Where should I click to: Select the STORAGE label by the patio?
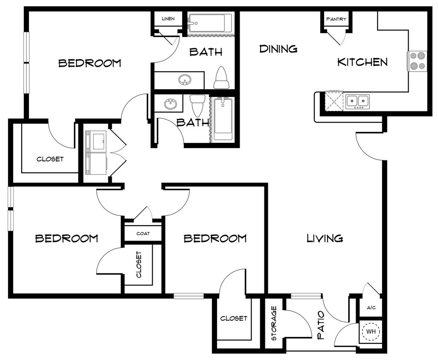(x=274, y=323)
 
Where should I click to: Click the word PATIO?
(x=321, y=325)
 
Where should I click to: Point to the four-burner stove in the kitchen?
(x=417, y=61)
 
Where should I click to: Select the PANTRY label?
(x=336, y=19)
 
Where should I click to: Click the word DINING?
(x=278, y=49)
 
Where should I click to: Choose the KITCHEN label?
(x=363, y=62)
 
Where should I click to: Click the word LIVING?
(x=325, y=238)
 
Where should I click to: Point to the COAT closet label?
(x=142, y=234)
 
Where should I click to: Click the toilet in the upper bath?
(x=221, y=78)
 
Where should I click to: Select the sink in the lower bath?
(x=169, y=104)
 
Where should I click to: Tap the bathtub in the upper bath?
(x=210, y=22)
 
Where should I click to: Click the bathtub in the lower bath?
(x=223, y=118)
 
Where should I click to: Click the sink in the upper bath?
(x=185, y=80)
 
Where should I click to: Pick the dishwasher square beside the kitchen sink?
(x=334, y=101)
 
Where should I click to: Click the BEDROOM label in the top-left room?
(x=90, y=64)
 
